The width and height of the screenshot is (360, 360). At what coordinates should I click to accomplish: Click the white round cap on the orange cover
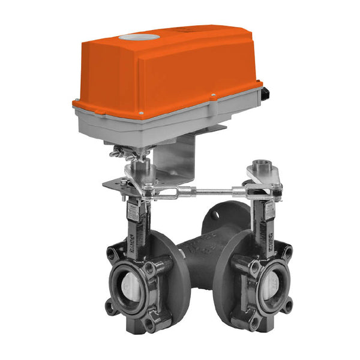tap(139, 37)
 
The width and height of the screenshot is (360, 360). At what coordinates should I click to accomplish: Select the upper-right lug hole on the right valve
tap(288, 251)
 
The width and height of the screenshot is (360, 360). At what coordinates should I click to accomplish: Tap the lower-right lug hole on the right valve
tap(289, 305)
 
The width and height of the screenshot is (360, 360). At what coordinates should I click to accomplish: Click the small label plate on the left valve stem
tap(133, 212)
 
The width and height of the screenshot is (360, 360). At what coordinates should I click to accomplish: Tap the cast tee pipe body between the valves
tap(198, 252)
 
